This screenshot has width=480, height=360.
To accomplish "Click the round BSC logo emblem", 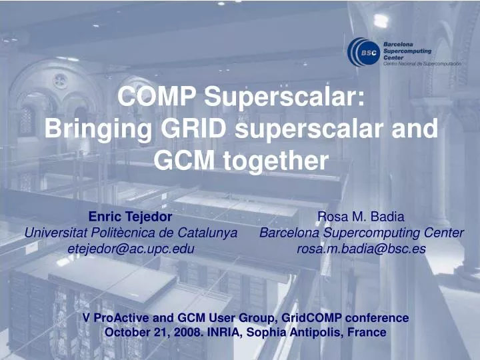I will click(x=364, y=52).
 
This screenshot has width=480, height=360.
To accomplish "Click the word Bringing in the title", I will click(x=95, y=129).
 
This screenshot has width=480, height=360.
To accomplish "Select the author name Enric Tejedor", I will click(x=131, y=217).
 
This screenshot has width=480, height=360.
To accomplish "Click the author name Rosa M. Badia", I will click(x=361, y=217).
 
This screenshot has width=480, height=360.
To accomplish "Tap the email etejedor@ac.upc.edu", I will click(x=131, y=249).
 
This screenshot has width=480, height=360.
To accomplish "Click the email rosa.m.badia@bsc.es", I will click(x=361, y=249).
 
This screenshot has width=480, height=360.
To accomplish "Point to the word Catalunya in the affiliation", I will click(x=211, y=233).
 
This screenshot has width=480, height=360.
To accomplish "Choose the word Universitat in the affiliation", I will click(x=53, y=233).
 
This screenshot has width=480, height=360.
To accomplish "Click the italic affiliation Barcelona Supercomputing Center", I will click(x=361, y=233).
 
